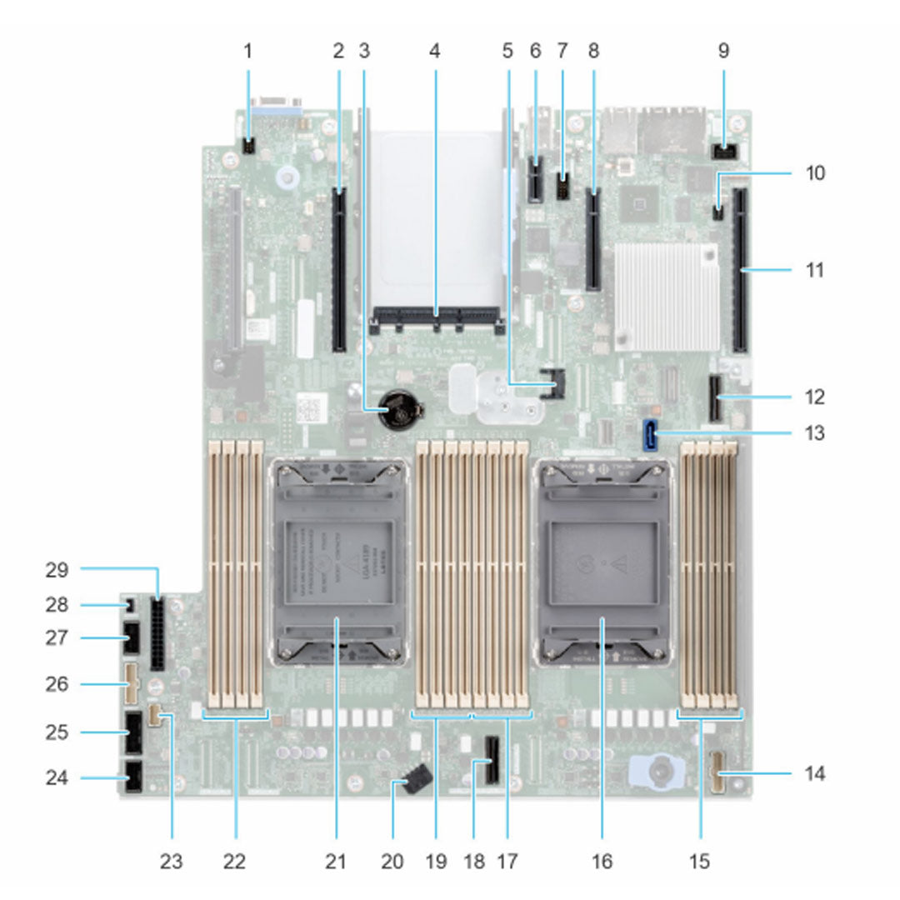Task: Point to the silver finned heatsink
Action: tap(666, 297)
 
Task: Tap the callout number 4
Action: tap(434, 51)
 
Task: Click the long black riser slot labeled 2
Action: tap(339, 269)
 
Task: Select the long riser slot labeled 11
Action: tap(740, 269)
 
